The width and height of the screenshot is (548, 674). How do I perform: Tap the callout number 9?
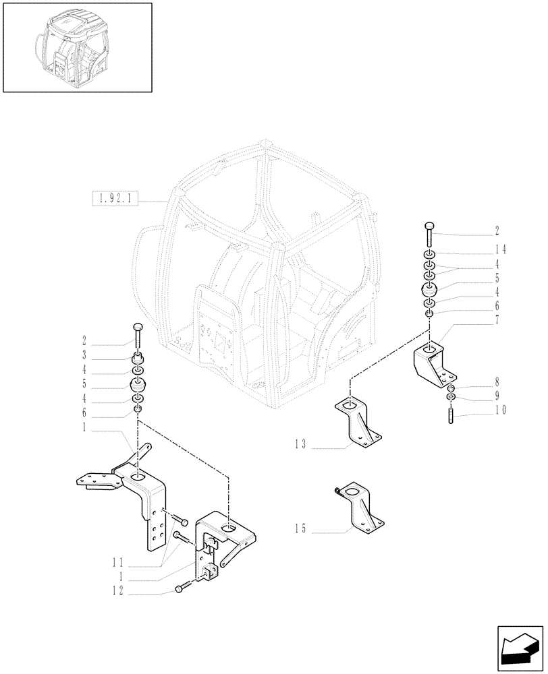pos(497,395)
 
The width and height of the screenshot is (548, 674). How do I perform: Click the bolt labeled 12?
pos(184,586)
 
